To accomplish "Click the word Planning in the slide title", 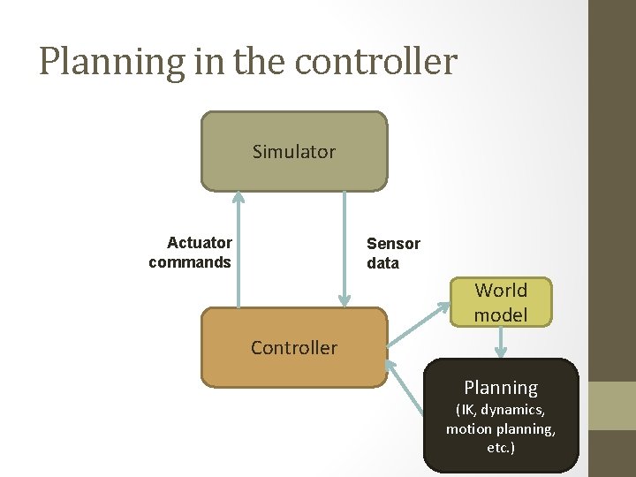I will point(98,62).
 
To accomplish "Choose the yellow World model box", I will point(501,302).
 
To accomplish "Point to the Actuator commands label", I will point(191,253).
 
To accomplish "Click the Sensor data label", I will point(393,254).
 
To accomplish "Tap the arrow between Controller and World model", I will point(420,323).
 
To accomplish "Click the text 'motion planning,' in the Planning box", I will point(501,429).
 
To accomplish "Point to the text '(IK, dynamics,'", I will point(501,410).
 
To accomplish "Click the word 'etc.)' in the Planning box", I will point(501,448).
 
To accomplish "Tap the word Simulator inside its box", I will point(293,152).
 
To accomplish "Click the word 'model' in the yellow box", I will point(501,314).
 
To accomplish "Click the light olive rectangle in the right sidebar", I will point(612,405).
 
